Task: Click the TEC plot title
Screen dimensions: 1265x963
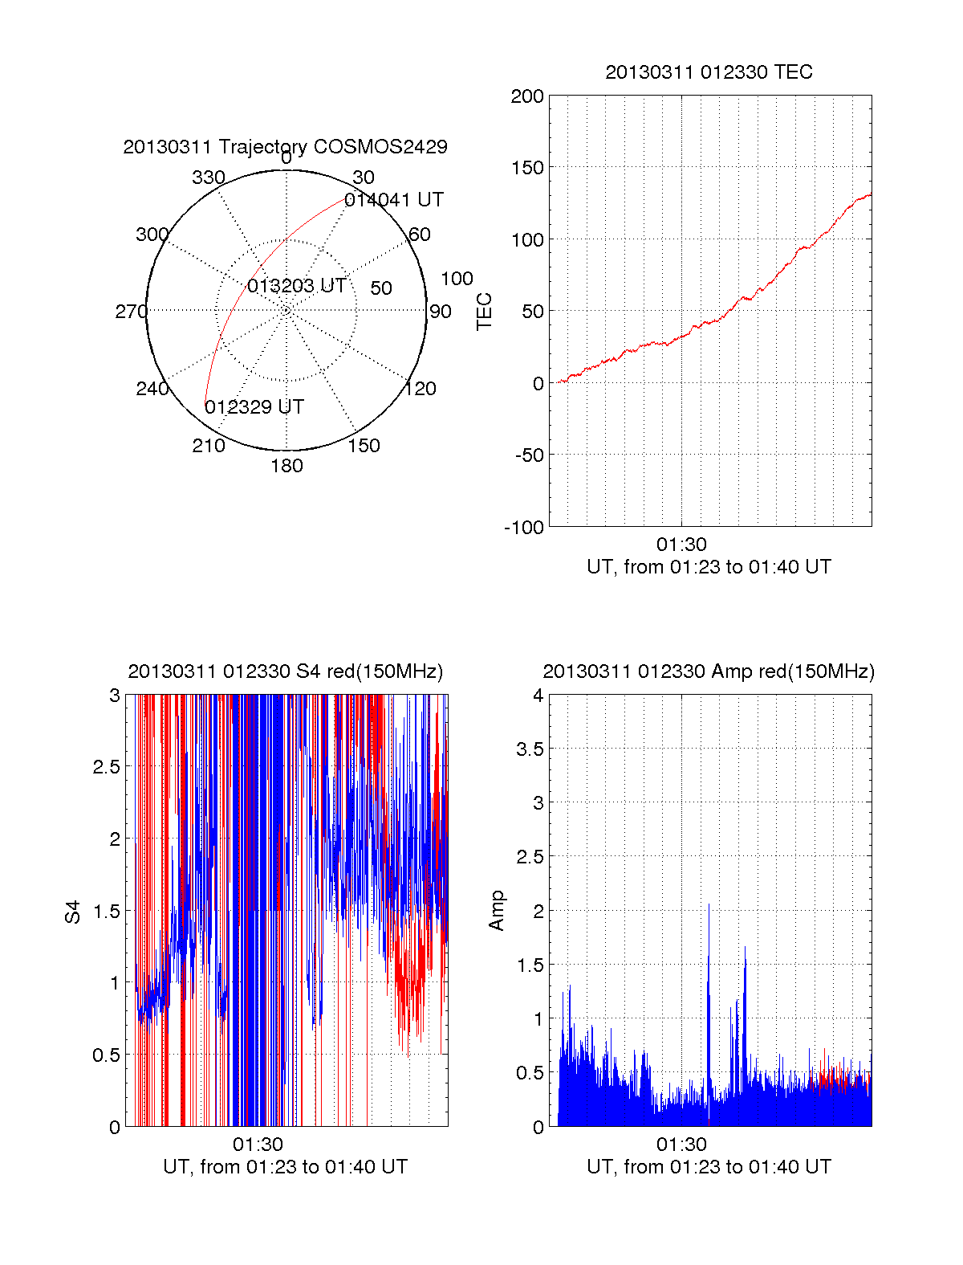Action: (x=709, y=72)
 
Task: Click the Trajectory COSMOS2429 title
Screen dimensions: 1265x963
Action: (x=285, y=147)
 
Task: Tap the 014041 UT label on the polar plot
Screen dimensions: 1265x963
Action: (x=393, y=200)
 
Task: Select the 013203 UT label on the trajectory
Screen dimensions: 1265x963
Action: (x=296, y=286)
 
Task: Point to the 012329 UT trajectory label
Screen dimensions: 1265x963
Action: (x=254, y=407)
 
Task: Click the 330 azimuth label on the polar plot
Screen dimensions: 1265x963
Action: (x=208, y=178)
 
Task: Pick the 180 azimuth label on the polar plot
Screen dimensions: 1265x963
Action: (x=286, y=466)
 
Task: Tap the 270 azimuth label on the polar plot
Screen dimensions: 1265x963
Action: (x=131, y=312)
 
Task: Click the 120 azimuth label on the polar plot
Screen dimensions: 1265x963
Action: (x=420, y=389)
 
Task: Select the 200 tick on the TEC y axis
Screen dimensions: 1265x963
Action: (x=527, y=96)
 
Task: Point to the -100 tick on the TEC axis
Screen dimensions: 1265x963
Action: (x=523, y=527)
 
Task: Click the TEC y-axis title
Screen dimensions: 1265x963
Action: (x=485, y=312)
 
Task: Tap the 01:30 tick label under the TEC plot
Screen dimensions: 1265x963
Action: (x=681, y=545)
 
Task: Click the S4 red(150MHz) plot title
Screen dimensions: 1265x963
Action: (x=285, y=671)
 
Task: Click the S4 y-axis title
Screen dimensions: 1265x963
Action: (x=73, y=912)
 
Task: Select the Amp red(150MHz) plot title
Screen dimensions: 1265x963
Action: (x=709, y=671)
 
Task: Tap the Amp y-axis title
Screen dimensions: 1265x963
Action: (x=497, y=910)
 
